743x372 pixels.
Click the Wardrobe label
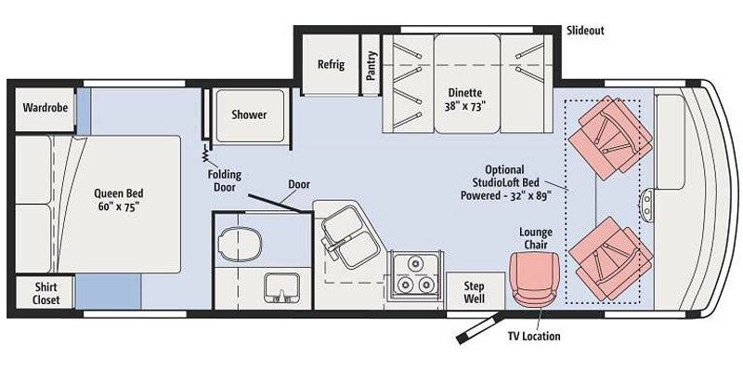[x=46, y=108]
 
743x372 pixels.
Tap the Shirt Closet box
[x=46, y=293]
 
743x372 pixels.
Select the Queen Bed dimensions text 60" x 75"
[x=118, y=210]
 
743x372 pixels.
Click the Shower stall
[x=248, y=115]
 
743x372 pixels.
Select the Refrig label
[x=331, y=64]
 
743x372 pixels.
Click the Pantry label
[x=371, y=65]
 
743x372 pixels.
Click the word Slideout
[x=585, y=31]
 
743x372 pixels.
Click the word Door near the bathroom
[x=298, y=184]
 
